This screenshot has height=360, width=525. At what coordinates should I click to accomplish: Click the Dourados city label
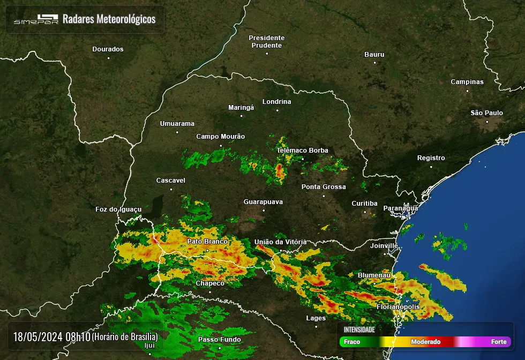pos(108,49)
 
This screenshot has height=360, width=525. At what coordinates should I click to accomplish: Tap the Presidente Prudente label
pos(266,41)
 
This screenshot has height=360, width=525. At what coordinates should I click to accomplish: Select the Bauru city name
pos(374,55)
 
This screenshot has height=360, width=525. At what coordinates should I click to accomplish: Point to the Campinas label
pos(467,82)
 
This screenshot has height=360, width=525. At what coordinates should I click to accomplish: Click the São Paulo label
pos(486,113)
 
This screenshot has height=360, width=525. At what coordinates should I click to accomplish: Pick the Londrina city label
pos(276,102)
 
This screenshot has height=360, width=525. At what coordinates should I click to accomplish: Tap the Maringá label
pos(241,108)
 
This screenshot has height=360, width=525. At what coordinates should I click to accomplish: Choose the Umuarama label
pos(177,124)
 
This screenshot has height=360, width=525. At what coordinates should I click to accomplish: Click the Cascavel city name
pos(170,181)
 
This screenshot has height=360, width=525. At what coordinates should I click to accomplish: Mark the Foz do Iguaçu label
pos(118,209)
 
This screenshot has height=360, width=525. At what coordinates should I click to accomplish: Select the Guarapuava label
pos(263,202)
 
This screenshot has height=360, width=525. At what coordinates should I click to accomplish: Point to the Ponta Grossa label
pos(324,187)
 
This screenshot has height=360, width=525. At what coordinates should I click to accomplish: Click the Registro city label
pos(431,158)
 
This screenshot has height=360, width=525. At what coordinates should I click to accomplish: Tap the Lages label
pos(316,318)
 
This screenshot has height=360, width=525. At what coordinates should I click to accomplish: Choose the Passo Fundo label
pos(219,340)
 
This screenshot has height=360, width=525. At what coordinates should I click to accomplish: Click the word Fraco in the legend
pos(352,342)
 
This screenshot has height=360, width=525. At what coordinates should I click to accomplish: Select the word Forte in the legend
pos(498,342)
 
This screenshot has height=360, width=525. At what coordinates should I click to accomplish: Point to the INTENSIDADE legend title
pos(359,329)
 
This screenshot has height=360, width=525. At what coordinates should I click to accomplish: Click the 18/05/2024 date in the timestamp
pos(37,337)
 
